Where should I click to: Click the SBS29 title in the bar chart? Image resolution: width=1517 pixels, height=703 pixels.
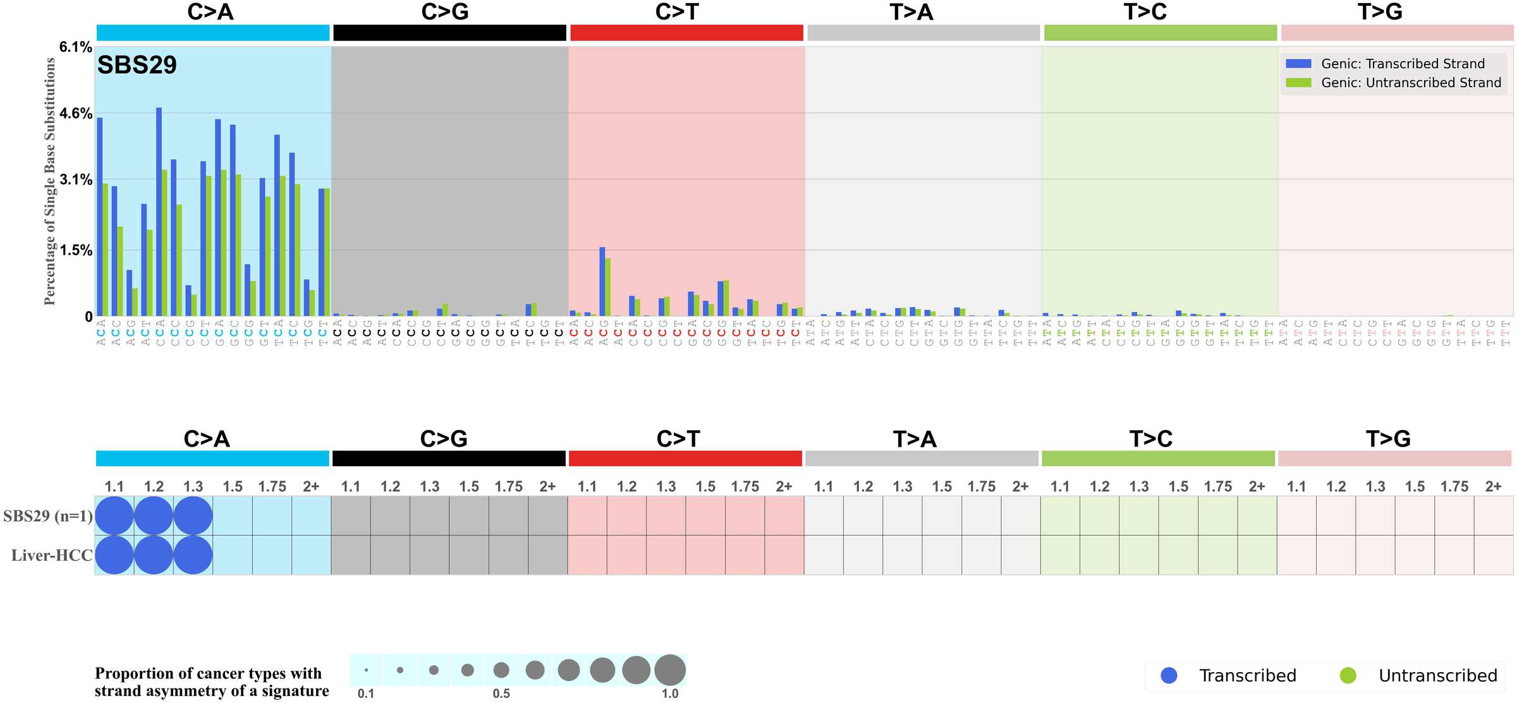click(x=137, y=65)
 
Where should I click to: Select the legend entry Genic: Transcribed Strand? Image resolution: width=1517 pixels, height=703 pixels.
click(x=1402, y=64)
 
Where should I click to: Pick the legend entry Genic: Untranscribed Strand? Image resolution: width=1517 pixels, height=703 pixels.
click(x=1410, y=83)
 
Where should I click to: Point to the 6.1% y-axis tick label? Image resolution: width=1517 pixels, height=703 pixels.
click(x=76, y=47)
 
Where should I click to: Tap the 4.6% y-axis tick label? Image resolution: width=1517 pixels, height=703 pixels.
click(x=76, y=114)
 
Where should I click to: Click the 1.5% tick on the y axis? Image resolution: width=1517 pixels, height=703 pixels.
click(x=76, y=251)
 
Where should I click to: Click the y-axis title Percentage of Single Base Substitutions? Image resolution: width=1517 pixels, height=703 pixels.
click(x=50, y=181)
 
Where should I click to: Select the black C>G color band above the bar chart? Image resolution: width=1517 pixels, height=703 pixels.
click(x=449, y=33)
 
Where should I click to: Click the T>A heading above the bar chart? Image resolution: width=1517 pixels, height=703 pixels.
click(x=911, y=12)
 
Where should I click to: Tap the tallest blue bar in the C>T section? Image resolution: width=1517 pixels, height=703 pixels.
click(x=602, y=281)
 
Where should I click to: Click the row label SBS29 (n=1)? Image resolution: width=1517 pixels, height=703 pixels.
click(x=48, y=516)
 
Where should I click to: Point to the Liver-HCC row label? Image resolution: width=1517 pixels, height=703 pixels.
click(x=52, y=555)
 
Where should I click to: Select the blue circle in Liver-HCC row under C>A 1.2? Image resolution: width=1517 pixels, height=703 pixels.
click(x=154, y=555)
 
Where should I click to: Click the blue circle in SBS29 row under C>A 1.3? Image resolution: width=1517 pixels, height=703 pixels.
click(x=193, y=516)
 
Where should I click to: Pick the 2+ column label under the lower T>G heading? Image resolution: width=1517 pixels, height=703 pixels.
click(x=1493, y=486)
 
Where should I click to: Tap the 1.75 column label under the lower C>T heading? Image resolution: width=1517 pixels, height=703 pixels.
click(x=745, y=486)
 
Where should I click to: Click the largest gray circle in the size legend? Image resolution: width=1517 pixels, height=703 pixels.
click(x=670, y=670)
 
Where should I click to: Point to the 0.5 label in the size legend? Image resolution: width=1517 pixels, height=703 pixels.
click(x=501, y=694)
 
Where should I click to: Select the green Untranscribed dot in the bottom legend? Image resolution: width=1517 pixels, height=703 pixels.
click(x=1348, y=675)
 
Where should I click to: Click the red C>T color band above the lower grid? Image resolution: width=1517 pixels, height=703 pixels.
click(x=685, y=459)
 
